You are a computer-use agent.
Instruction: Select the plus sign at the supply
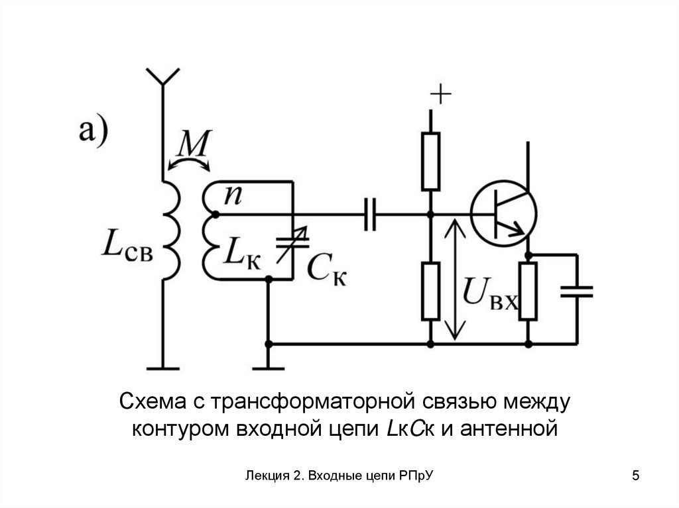click(441, 96)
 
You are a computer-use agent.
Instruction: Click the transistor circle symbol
click(504, 214)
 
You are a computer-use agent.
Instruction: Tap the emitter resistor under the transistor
click(528, 291)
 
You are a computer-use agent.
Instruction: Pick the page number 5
click(636, 476)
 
